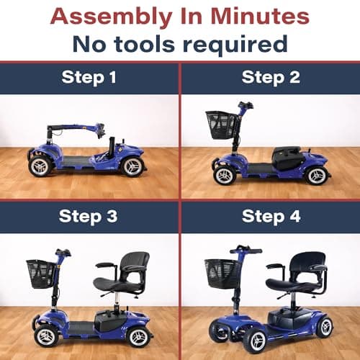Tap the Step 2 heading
pos(271,78)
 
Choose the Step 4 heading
pos(271,217)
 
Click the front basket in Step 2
pos(221,123)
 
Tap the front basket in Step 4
pos(222,271)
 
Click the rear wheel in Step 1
pos(131,167)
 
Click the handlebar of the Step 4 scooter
pos(246,250)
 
